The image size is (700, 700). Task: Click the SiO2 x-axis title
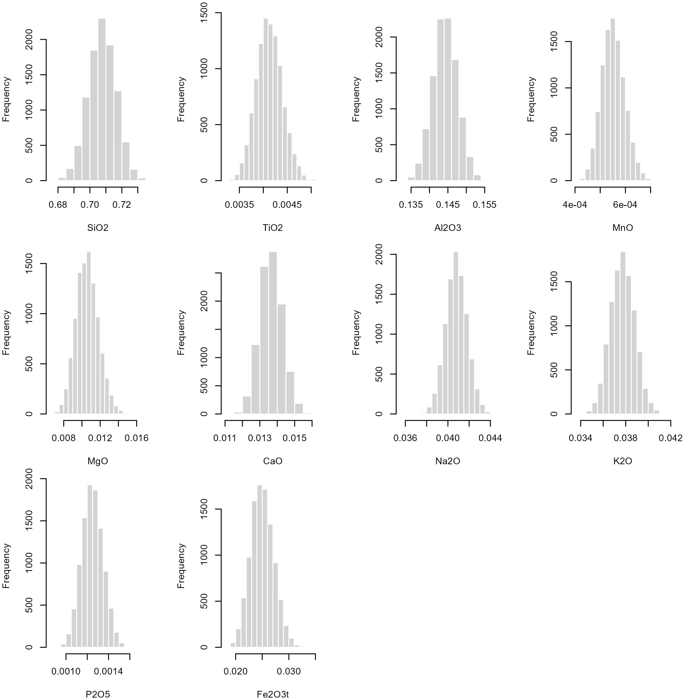98,228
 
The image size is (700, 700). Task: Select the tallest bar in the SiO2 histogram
102,100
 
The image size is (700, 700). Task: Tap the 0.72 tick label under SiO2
122,205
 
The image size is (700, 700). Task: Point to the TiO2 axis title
273,228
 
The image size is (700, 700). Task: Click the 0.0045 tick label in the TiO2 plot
287,205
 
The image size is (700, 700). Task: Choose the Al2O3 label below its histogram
448,228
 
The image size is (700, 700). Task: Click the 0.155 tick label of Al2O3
484,205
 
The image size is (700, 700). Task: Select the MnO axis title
623,228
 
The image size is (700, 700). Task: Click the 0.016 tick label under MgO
137,438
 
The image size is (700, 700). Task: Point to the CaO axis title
273,461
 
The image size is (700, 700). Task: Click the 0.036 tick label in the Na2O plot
405,438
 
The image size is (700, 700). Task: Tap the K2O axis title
623,461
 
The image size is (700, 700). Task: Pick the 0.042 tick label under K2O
671,438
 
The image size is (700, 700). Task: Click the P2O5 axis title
98,695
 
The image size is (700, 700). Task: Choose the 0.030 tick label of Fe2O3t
289,672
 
